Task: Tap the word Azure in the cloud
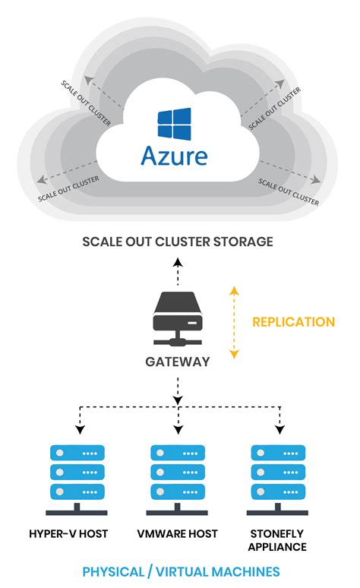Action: pos(174,156)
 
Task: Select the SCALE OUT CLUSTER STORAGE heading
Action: pos(178,242)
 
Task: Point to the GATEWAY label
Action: pos(178,362)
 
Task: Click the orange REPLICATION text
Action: pos(293,322)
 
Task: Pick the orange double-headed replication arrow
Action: pos(235,322)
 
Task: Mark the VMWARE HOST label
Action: pos(178,533)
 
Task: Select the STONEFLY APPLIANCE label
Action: pos(278,539)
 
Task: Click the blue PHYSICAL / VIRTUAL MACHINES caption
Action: pos(181,571)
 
